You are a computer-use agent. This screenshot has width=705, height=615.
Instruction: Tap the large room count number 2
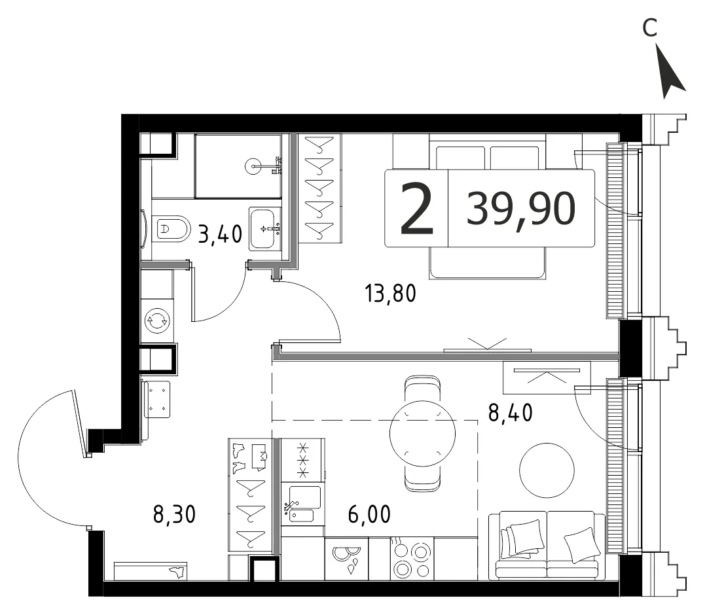pos(417,209)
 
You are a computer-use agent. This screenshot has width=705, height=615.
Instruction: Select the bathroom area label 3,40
pos(220,234)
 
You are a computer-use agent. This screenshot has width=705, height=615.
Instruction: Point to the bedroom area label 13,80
pos(390,293)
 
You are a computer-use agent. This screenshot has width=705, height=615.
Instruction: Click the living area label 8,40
pos(511,412)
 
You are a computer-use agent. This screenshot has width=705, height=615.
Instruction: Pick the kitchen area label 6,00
pos(369,514)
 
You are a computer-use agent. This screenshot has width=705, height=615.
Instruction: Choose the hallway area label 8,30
pos(175,514)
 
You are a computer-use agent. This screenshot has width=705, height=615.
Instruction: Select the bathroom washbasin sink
pos(265,228)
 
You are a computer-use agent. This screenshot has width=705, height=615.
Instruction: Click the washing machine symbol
pos(157,321)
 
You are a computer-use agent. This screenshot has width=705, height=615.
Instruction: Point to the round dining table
pos(422,434)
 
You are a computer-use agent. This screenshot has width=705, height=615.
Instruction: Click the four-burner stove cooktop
pos(412,559)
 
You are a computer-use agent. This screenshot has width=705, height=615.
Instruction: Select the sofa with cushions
pos(547,545)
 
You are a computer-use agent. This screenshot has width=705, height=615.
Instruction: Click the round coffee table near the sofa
pos(547,470)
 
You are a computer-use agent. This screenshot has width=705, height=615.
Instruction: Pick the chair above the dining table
pos(422,389)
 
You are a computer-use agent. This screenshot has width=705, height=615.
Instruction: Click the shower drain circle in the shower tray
pos(253,166)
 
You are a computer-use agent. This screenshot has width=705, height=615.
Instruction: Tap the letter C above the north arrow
pos(649,28)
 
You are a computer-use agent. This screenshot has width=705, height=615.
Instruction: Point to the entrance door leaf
pos(79,423)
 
